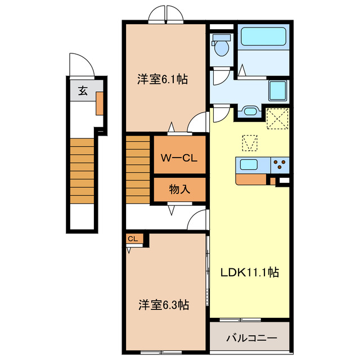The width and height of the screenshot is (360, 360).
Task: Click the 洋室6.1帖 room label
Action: pos(163,79)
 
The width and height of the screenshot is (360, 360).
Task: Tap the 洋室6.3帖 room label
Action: pos(164,305)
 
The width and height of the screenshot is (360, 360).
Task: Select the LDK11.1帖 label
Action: pos(250,272)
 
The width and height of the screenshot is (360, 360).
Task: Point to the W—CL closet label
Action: pos(179,158)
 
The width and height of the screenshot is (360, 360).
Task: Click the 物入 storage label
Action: pos(179,190)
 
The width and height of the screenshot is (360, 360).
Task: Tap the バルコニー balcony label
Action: pos(252,338)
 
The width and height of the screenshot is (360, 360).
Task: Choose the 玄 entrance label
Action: pos(83,91)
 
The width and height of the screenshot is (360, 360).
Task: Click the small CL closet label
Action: pos(133,238)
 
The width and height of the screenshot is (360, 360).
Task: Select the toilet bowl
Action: pos(221,45)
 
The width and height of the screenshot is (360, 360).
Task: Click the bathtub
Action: pos(263,37)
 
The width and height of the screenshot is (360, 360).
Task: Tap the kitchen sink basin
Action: pos(249,164)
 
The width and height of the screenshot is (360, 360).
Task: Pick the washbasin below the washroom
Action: pos(250,111)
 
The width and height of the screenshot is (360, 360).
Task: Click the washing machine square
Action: pos(277,91)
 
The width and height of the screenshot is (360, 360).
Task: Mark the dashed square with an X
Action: pos(277,119)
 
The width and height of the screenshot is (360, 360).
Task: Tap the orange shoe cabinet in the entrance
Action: pos(100,103)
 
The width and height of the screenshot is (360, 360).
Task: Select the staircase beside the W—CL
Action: pos(138,170)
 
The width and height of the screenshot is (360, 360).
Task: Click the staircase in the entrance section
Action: pos(82,171)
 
